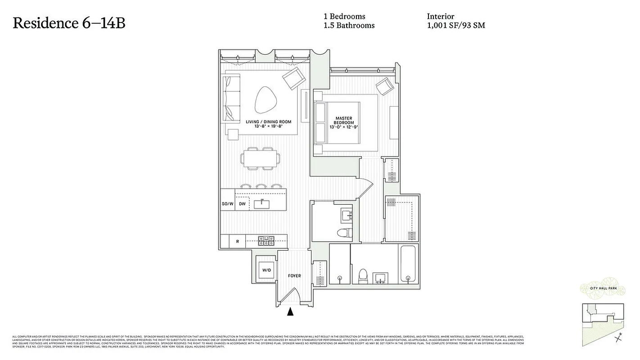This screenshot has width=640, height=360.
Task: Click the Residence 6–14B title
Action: coord(69,23)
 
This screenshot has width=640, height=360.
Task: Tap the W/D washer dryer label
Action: coord(266,270)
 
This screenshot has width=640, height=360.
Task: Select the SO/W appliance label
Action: coord(228,204)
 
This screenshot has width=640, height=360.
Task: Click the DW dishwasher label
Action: coord(242,204)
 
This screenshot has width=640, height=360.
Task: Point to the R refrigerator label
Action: coord(237,242)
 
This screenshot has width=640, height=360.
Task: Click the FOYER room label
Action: coord(294,276)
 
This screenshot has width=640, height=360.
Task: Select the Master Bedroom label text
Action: coord(344,123)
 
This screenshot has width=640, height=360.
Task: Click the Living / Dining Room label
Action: coord(268,124)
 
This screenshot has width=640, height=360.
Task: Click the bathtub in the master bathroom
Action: coord(409,265)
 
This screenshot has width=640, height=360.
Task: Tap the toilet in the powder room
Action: coord(344,233)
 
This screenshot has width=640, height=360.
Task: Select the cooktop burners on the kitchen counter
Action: coord(266,241)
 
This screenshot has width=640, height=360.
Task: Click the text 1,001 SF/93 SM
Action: coord(456,26)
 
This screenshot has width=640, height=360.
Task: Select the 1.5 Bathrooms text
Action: coord(349,26)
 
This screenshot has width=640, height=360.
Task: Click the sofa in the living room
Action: coord(232,98)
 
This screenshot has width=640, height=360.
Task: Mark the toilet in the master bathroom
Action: coord(362,276)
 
